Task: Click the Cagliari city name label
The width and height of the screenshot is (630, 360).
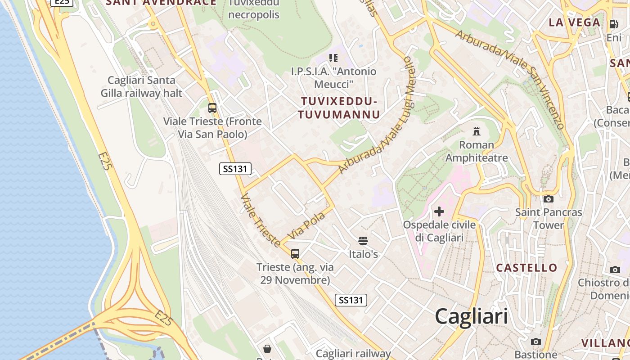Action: (x=471, y=316)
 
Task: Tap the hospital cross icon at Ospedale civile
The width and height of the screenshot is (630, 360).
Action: (x=439, y=211)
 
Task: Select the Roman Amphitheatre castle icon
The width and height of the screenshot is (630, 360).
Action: (x=477, y=131)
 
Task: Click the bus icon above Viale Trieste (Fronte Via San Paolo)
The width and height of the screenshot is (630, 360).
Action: (x=212, y=108)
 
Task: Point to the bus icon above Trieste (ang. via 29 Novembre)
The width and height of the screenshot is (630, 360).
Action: (x=295, y=254)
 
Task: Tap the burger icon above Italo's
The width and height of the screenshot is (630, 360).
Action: (x=363, y=241)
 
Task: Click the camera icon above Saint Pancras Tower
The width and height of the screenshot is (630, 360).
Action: (x=548, y=199)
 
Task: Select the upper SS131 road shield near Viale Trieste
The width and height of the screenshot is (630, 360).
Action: (x=235, y=169)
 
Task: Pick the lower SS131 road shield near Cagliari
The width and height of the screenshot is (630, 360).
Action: (x=351, y=300)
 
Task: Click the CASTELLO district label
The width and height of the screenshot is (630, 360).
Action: (x=526, y=268)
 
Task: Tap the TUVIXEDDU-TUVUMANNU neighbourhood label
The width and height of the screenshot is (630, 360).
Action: (x=339, y=108)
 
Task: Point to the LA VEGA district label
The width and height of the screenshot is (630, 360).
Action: (x=575, y=22)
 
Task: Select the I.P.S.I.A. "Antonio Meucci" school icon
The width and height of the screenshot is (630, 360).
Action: (x=333, y=58)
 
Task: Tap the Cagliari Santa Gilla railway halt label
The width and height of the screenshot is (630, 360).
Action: (x=141, y=86)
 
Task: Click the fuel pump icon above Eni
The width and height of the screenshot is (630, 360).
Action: (x=613, y=24)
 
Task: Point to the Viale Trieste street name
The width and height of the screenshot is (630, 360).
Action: (x=261, y=220)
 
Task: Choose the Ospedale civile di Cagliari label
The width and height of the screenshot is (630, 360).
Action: (x=439, y=231)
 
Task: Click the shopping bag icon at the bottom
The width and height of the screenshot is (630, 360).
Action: (x=267, y=348)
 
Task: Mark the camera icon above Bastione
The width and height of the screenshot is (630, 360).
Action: (x=535, y=342)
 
